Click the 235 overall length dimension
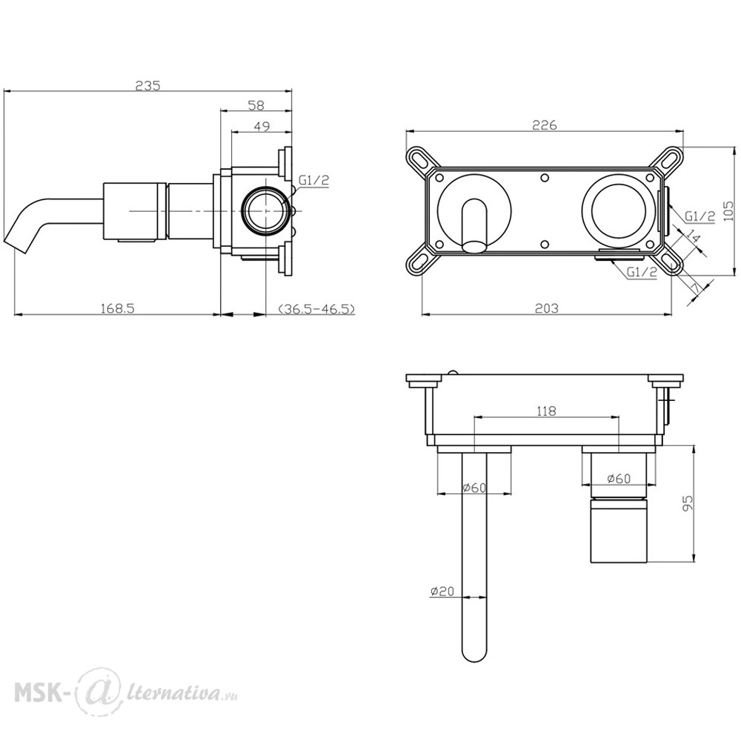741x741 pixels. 148,85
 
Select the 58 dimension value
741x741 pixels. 256,105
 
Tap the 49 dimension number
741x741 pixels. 262,126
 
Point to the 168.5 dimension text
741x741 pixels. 118,308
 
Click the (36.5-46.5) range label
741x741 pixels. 316,309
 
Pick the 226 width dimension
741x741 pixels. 545,124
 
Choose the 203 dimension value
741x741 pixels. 546,308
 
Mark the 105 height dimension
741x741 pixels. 728,211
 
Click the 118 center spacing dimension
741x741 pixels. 546,411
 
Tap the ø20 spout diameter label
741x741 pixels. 442,591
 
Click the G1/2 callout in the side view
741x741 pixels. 313,179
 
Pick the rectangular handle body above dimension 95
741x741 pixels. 619,531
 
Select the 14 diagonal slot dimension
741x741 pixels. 693,236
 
